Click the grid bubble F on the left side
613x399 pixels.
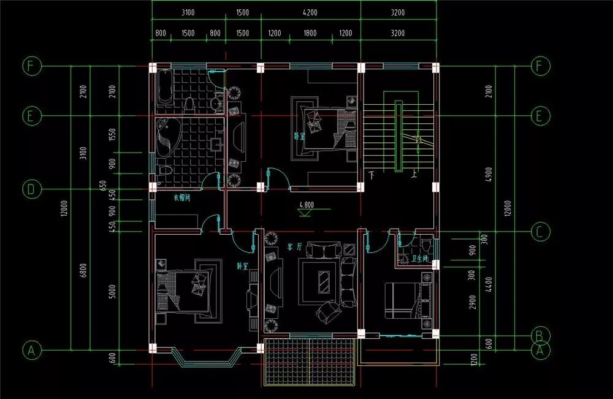tap(31, 66)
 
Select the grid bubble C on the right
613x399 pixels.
tap(539, 232)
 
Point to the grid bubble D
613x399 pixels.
tap(31, 190)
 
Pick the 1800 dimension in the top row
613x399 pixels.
tap(310, 33)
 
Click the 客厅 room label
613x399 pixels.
tap(294, 246)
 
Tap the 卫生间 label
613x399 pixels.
tap(421, 259)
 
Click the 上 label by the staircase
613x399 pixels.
tap(415, 175)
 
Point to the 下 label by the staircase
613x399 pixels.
tap(371, 175)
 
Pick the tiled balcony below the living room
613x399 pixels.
tap(310, 362)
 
